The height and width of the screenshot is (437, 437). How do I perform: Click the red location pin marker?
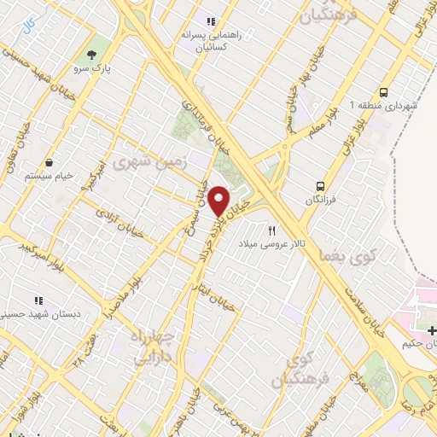pyautogui.click(x=219, y=201)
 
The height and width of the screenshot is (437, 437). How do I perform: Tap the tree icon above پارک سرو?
pyautogui.click(x=91, y=53)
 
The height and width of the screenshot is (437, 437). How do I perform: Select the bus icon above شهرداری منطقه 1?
pyautogui.click(x=384, y=91)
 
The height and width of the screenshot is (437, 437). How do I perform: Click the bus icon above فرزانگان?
pyautogui.click(x=321, y=185)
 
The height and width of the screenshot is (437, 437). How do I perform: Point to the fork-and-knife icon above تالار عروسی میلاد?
pyautogui.click(x=272, y=230)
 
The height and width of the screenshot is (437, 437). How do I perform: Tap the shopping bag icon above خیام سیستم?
pyautogui.click(x=49, y=162)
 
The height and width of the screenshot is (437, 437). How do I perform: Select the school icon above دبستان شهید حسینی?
pyautogui.click(x=38, y=300)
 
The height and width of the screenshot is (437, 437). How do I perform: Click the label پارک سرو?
pyautogui.click(x=93, y=67)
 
